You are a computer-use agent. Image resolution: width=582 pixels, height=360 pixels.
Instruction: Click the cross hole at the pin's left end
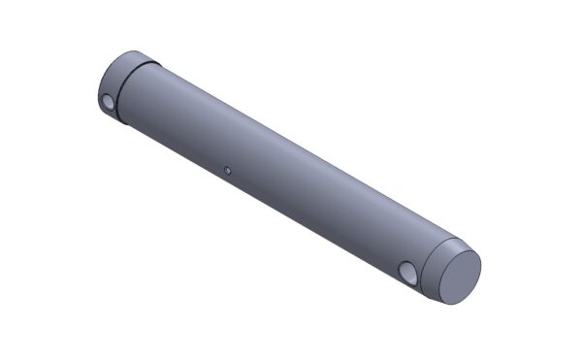108,101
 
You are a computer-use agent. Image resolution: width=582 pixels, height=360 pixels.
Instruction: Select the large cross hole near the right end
410,275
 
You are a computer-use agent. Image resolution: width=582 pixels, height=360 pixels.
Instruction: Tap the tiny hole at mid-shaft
225,171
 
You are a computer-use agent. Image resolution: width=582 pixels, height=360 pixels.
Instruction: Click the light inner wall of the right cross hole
412,277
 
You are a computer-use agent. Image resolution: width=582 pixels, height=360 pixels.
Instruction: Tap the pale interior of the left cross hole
109,102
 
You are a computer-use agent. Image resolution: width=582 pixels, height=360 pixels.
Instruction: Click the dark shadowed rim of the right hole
405,271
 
